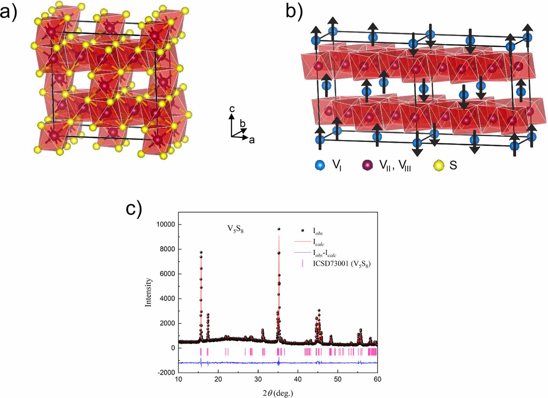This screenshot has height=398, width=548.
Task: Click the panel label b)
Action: (x=294, y=11)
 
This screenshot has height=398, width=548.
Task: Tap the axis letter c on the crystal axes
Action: (x=232, y=109)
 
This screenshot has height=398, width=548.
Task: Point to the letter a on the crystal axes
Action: (x=252, y=140)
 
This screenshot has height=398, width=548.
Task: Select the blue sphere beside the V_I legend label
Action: (x=320, y=165)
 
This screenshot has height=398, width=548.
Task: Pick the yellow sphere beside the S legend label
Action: (x=439, y=165)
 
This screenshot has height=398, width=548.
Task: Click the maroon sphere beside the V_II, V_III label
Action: (x=367, y=165)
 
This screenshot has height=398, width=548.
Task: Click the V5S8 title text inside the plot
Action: (x=235, y=229)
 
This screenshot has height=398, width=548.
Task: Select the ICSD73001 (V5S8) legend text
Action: (x=342, y=264)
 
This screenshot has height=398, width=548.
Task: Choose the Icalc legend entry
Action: (x=318, y=242)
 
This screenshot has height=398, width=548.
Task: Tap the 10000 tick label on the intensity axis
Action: (x=166, y=225)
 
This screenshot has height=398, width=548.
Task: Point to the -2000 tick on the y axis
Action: (x=166, y=373)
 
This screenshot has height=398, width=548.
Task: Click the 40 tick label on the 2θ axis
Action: (x=298, y=379)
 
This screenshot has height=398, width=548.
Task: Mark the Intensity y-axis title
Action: (x=148, y=292)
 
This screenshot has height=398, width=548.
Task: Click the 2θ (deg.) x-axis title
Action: (x=278, y=393)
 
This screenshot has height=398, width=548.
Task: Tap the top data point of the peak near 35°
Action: (x=279, y=229)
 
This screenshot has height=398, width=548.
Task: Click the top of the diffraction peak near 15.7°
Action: (x=201, y=252)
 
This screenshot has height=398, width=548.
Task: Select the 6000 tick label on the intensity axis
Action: (x=167, y=274)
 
